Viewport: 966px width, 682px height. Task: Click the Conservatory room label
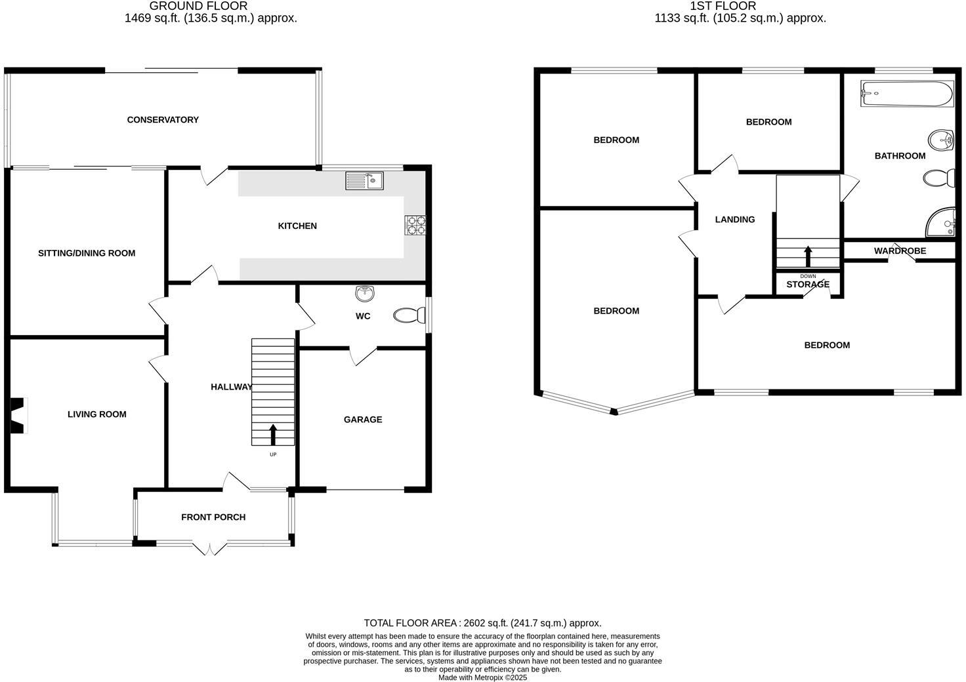(163, 119)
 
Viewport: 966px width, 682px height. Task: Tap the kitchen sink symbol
(364, 180)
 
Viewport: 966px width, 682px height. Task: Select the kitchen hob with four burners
(415, 225)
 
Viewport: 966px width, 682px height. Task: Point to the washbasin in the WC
(364, 292)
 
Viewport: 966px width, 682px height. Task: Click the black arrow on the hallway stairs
(273, 434)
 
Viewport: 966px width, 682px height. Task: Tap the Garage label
(362, 420)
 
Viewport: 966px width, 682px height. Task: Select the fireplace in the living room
(18, 415)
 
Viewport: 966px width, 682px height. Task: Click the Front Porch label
(213, 517)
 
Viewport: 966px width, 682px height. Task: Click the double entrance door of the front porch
(211, 548)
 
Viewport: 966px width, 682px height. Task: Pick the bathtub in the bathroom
(906, 94)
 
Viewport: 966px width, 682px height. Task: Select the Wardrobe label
(900, 251)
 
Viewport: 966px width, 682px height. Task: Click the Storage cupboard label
(808, 285)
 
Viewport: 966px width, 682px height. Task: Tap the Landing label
(734, 220)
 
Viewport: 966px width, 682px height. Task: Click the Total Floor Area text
(482, 623)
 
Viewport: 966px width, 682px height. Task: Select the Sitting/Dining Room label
(87, 253)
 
